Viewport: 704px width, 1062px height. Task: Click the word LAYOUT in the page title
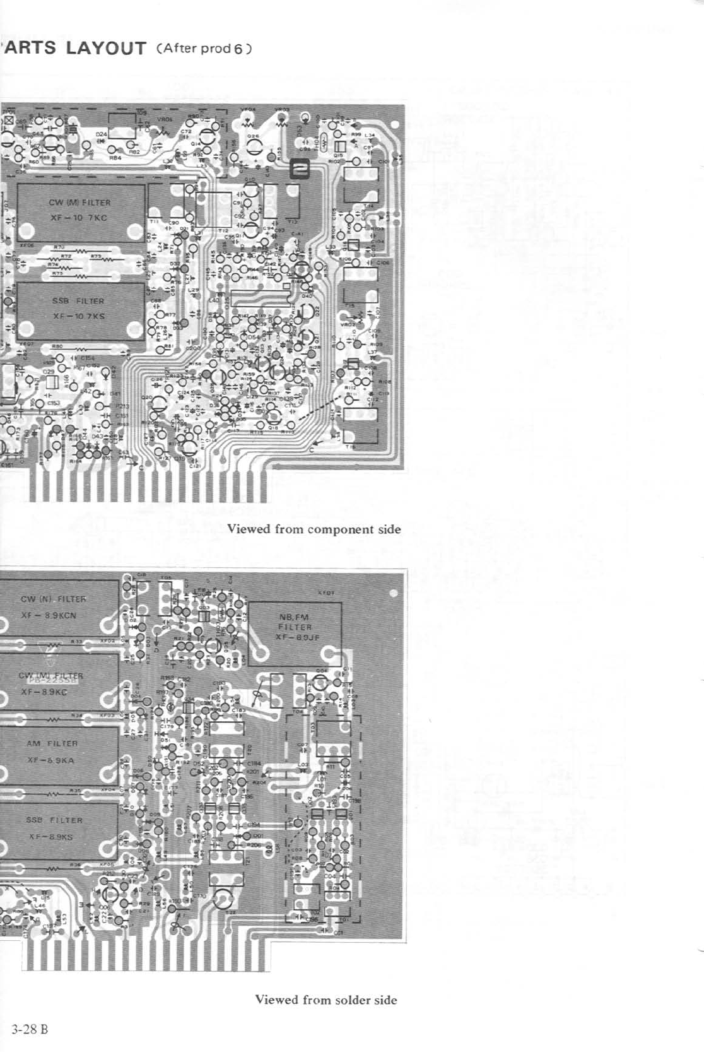pyautogui.click(x=106, y=49)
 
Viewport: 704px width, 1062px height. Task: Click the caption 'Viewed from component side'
pyautogui.click(x=314, y=529)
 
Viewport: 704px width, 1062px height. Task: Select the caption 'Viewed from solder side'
pyautogui.click(x=326, y=1000)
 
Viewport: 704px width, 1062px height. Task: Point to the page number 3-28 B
pyautogui.click(x=30, y=1029)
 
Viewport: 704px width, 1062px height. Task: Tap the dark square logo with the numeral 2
pyautogui.click(x=298, y=170)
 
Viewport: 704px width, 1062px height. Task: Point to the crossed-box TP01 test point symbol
pyautogui.click(x=9, y=121)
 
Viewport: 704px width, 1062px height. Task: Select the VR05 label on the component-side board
pyautogui.click(x=165, y=119)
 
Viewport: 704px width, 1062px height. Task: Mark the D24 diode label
pyautogui.click(x=100, y=134)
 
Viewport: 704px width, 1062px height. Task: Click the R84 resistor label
pyautogui.click(x=115, y=158)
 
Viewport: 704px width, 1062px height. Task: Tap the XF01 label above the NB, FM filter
pyautogui.click(x=326, y=593)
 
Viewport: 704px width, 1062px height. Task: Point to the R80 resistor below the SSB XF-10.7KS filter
pyautogui.click(x=57, y=346)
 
